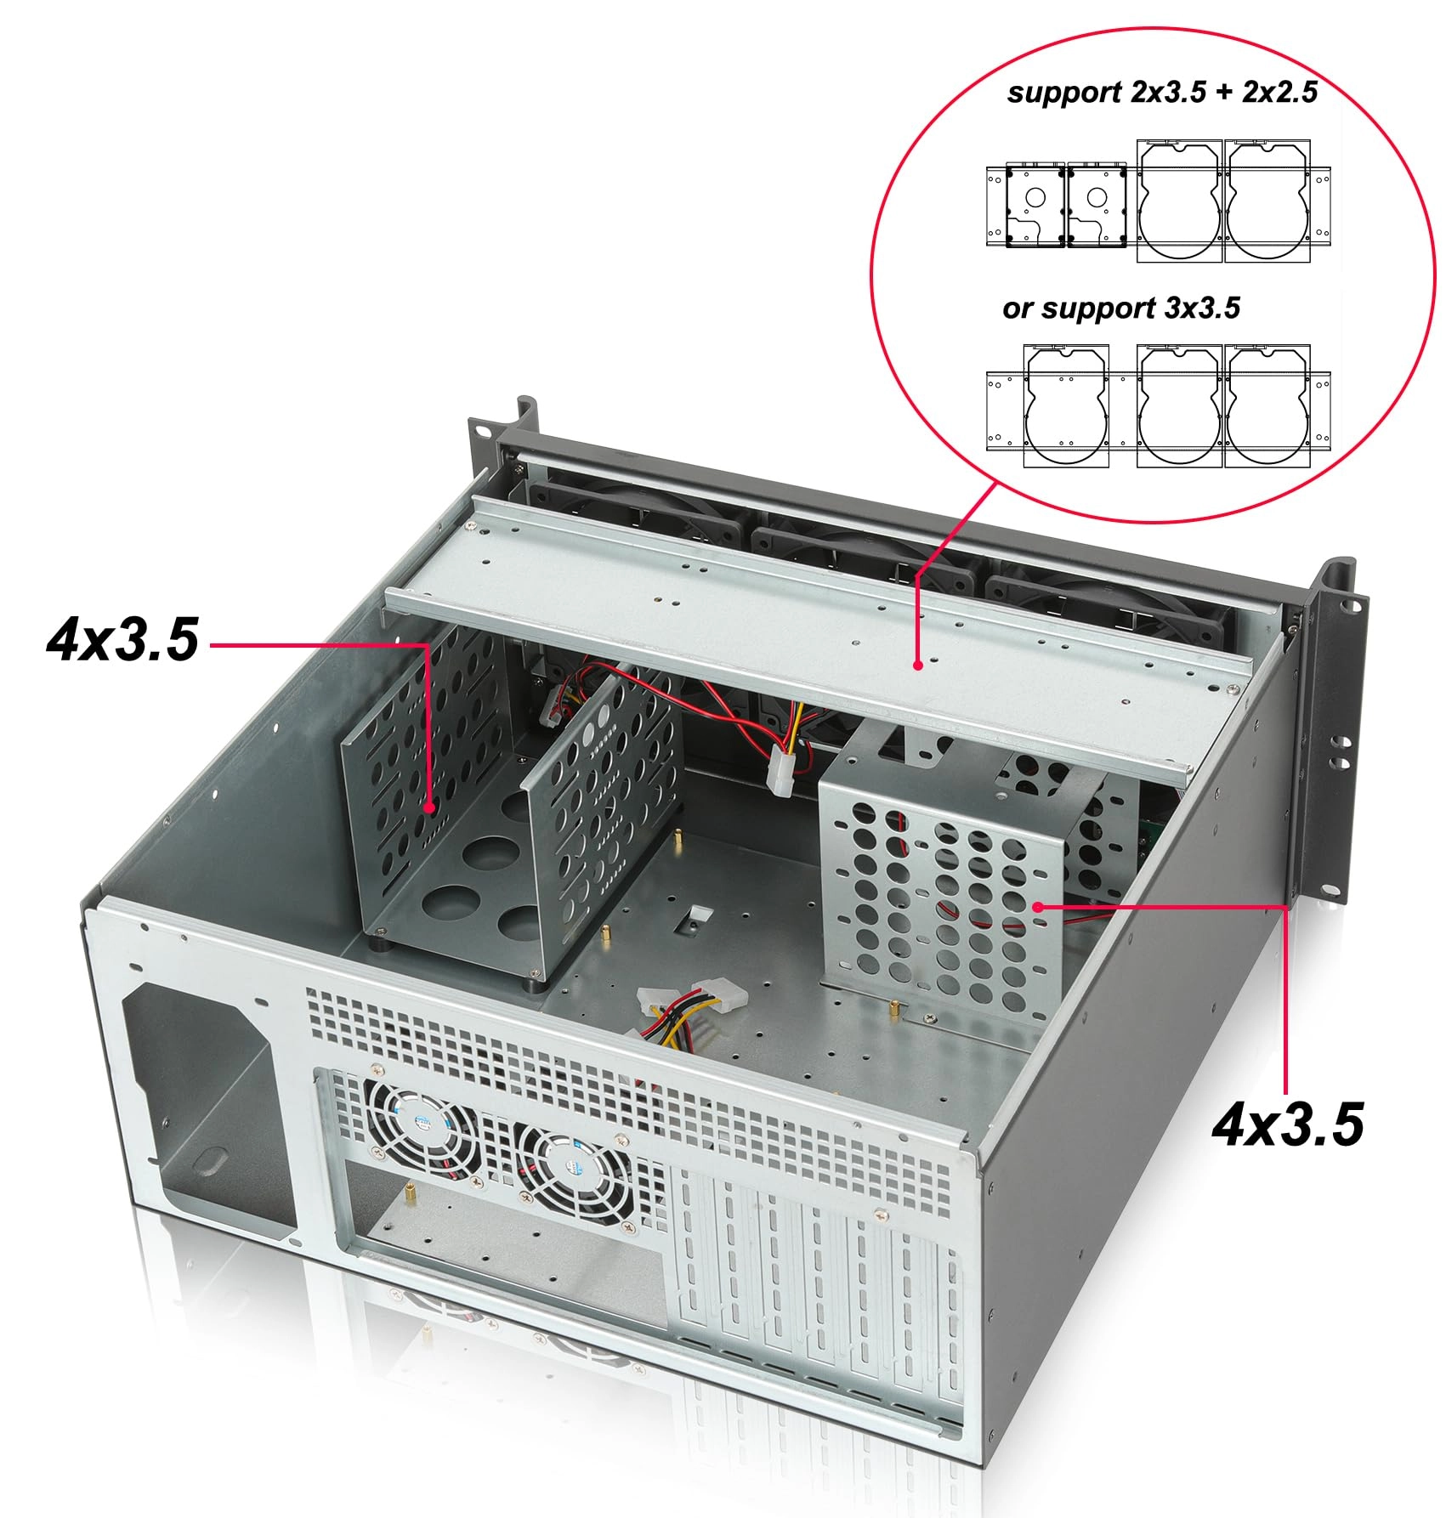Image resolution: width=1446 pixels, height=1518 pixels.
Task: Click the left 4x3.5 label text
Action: (x=122, y=640)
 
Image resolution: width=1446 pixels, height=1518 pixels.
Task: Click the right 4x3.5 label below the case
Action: (x=1287, y=1126)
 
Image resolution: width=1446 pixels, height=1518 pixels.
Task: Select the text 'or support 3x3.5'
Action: (x=1121, y=308)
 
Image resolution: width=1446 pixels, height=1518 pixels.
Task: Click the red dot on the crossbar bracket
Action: (x=917, y=665)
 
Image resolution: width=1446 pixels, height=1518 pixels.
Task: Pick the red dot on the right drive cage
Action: (x=1038, y=907)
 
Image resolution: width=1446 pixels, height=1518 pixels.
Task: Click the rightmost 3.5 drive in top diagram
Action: (x=1266, y=201)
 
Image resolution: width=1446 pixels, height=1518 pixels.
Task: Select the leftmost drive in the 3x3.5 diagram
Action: (x=1066, y=406)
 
